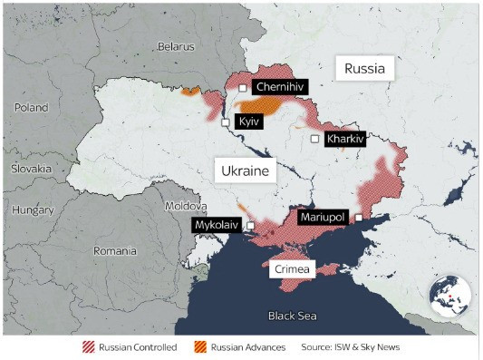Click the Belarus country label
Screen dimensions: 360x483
click(176, 45)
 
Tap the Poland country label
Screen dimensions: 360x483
click(31, 107)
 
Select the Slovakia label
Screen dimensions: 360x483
click(32, 169)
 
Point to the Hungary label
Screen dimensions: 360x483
click(34, 209)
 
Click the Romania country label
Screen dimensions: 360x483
click(114, 250)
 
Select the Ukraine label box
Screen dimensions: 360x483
click(244, 170)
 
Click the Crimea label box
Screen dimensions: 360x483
click(292, 269)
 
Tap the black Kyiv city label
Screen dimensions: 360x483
click(248, 121)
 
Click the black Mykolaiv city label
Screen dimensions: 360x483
click(217, 225)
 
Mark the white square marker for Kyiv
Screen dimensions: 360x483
click(226, 122)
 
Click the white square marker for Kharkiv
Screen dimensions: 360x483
click(314, 139)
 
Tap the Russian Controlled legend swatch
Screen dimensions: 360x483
click(88, 347)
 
